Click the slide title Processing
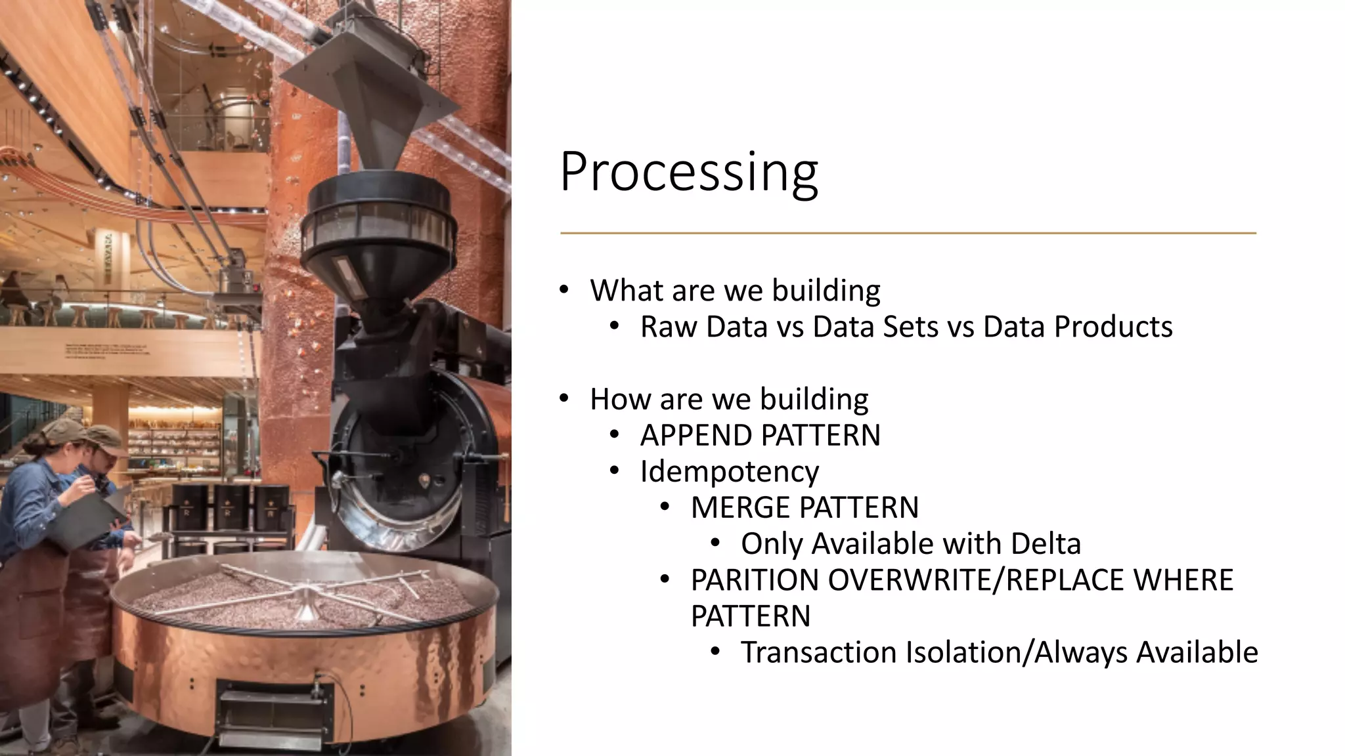pos(688,172)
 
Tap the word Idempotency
pos(729,472)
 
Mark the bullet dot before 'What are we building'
pos(564,290)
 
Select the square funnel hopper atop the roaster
pos(364,98)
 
